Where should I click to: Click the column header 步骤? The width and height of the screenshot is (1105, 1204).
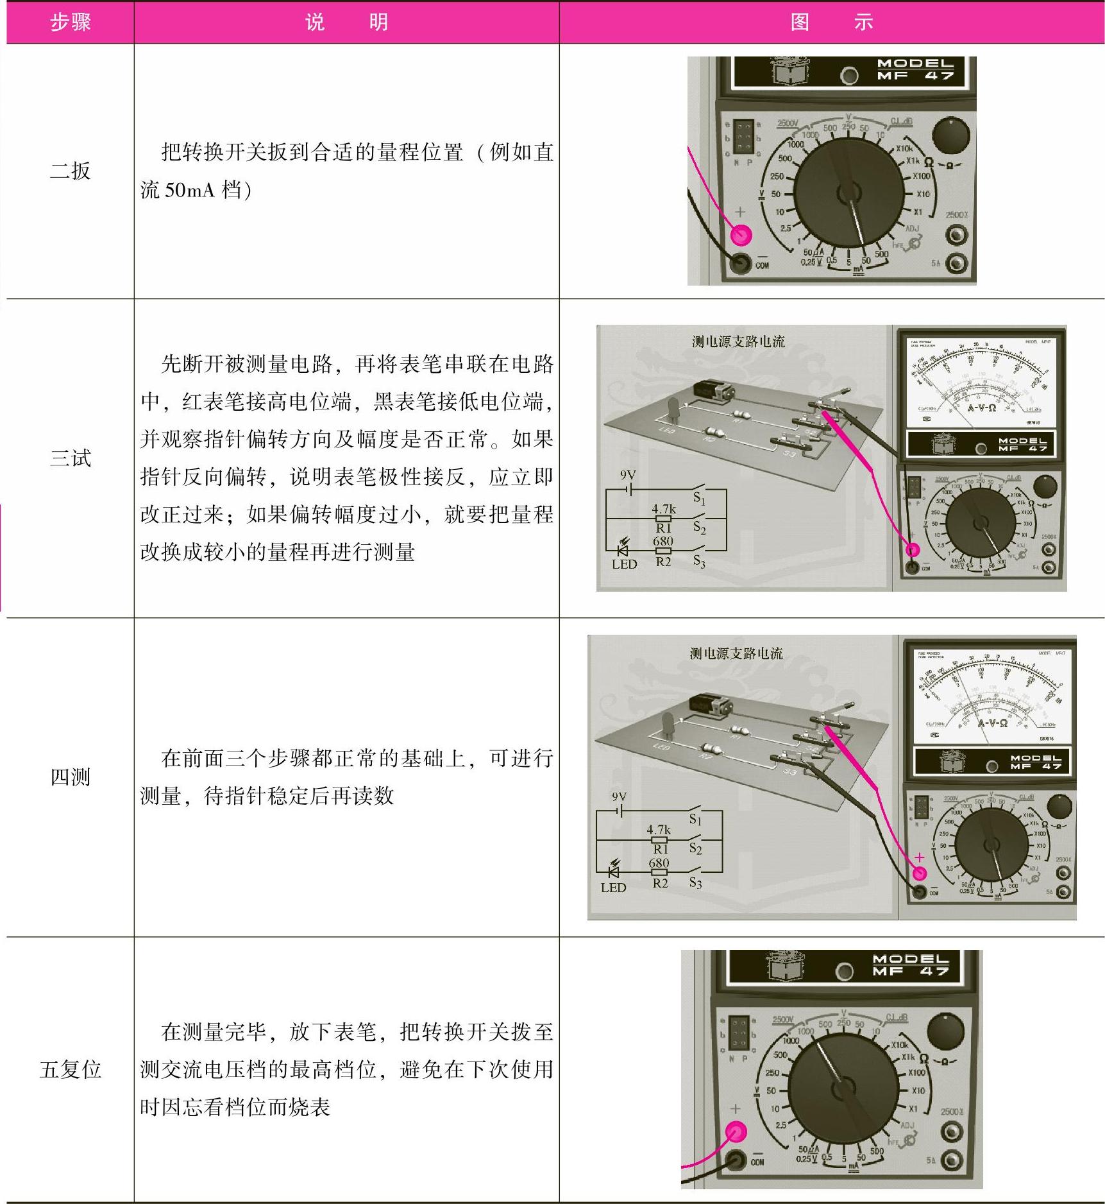click(70, 22)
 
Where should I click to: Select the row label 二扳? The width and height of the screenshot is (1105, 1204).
click(70, 171)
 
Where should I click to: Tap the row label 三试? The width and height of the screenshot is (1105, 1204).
click(70, 458)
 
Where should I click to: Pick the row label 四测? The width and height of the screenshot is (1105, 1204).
click(70, 777)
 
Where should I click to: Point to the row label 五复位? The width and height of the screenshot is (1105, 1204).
click(70, 1069)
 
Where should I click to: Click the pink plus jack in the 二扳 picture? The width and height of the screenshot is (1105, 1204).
click(741, 235)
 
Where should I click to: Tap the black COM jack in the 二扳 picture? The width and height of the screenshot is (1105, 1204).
click(741, 262)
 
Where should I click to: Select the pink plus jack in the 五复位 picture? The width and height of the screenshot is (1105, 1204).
click(736, 1133)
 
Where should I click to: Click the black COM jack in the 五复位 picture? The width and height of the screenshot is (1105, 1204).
click(735, 1160)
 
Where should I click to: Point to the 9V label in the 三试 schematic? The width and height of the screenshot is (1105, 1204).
click(627, 476)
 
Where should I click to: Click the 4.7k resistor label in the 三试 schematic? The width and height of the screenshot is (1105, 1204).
click(664, 510)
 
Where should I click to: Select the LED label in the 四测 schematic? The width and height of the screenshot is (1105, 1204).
click(613, 888)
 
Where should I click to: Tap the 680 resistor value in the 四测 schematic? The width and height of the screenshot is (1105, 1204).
click(659, 863)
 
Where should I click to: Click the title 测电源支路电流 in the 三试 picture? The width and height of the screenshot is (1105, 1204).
click(738, 341)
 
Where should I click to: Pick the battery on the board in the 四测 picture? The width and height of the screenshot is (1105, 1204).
click(711, 705)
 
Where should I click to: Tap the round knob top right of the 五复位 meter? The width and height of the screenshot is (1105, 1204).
click(946, 1031)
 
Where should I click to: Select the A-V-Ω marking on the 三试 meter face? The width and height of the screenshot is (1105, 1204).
click(981, 408)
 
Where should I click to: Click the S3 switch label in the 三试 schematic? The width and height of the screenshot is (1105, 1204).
click(699, 562)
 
